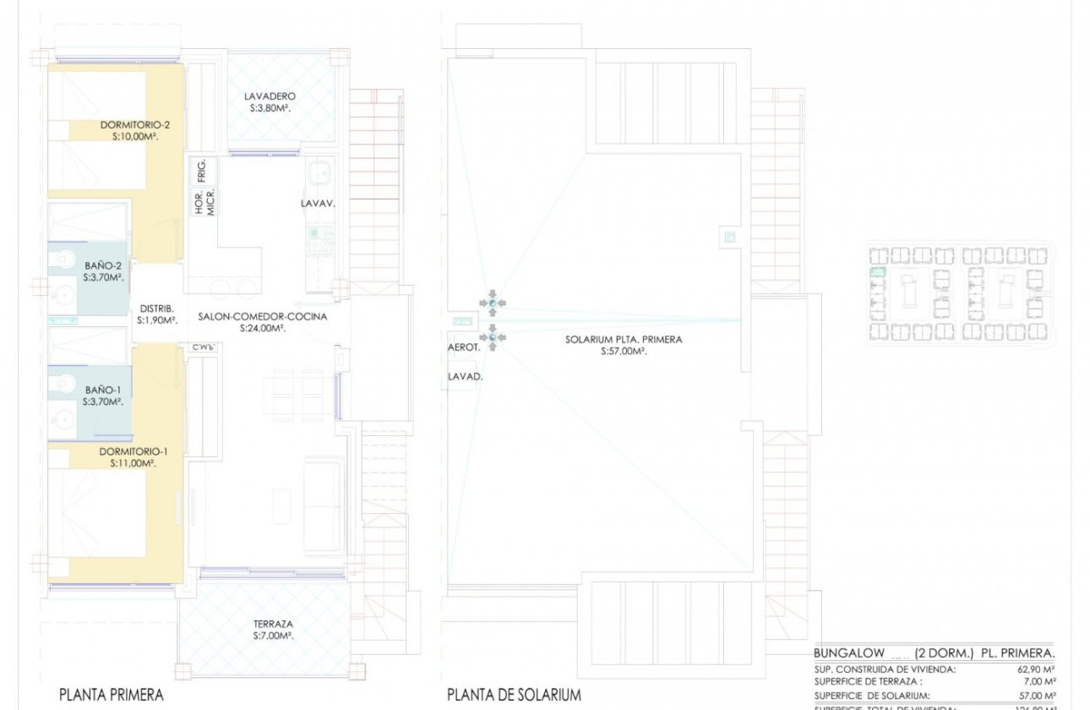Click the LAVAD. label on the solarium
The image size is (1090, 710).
tap(465, 378)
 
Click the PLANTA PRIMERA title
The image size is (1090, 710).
tap(111, 695)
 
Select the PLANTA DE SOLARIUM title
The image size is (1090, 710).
tap(514, 695)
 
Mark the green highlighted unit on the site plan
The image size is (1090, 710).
tap(877, 273)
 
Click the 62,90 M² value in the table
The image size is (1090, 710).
tap(1038, 669)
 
